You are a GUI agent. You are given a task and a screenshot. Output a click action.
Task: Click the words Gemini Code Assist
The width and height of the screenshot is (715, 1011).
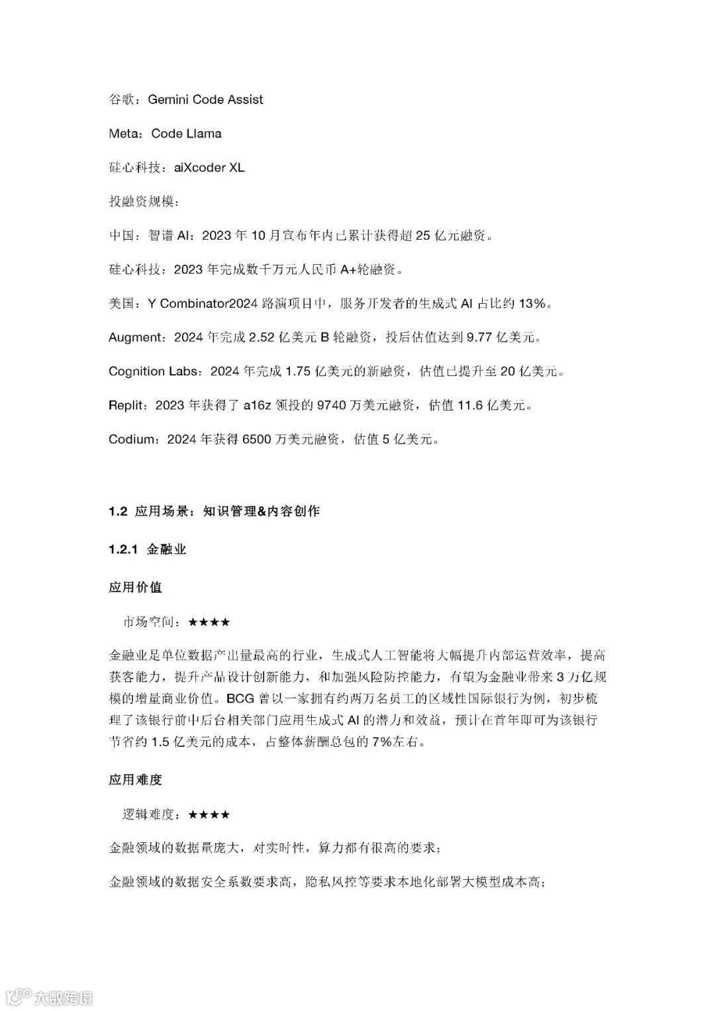click(205, 100)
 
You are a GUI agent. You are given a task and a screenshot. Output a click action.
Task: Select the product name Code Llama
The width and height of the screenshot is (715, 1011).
click(186, 134)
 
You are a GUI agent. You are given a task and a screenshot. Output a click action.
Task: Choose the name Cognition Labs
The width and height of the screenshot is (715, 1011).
click(152, 371)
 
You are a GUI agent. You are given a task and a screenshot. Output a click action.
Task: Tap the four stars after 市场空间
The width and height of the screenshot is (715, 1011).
click(209, 622)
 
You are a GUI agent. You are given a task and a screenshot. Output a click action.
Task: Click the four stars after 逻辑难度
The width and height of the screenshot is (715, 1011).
click(209, 814)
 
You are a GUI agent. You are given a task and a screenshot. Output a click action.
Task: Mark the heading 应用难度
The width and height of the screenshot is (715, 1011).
click(135, 780)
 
